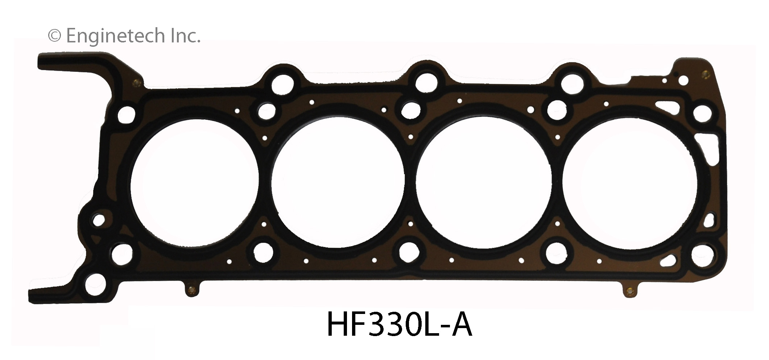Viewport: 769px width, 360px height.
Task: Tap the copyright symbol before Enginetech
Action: point(54,36)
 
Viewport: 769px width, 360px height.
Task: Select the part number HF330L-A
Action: point(399,326)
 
